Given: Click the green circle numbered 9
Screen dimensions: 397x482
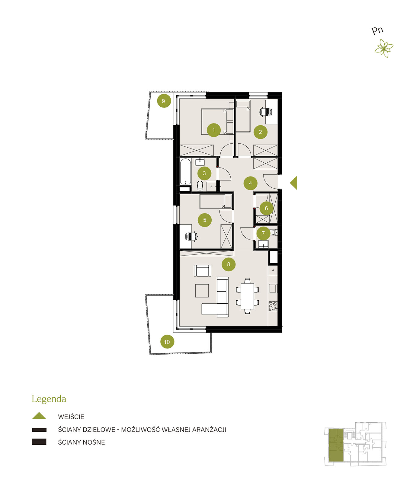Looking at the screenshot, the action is [x=164, y=101].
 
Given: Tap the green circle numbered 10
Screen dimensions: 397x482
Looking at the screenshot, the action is [x=167, y=341].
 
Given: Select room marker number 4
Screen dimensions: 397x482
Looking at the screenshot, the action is [x=250, y=183].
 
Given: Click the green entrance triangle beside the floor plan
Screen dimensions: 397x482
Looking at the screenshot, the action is [x=294, y=183].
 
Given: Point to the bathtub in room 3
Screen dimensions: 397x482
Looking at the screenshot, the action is [x=185, y=171].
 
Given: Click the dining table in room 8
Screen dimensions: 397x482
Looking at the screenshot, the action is [x=247, y=296].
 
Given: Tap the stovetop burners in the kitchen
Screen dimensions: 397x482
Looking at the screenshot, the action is [x=273, y=306].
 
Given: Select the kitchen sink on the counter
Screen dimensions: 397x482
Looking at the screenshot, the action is [x=273, y=288].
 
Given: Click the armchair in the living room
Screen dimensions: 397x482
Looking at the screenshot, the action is [x=203, y=271].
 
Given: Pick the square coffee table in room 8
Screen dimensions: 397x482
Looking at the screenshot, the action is [x=202, y=290].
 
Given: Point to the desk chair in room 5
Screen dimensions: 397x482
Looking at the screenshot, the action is [x=191, y=236].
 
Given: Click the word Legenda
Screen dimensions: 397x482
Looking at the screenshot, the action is [x=49, y=399].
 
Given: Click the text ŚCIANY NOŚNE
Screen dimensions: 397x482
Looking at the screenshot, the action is [x=81, y=442].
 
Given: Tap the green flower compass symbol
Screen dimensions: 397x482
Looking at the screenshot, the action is [x=384, y=48].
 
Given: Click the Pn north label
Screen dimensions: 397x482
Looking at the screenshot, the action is [x=377, y=31].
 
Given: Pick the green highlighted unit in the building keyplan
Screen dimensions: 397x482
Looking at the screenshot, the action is [x=336, y=445].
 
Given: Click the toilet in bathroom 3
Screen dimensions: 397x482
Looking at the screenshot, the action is [x=200, y=186].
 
